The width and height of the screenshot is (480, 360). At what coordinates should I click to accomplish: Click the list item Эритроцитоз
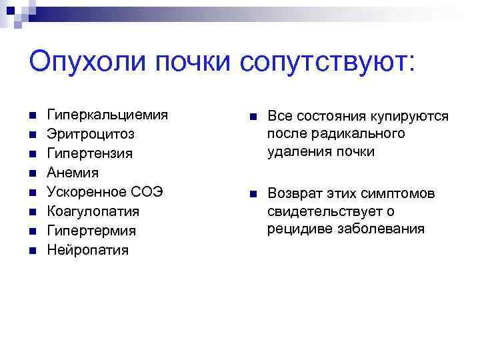90,134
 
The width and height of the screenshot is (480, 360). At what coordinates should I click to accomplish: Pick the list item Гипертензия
89,153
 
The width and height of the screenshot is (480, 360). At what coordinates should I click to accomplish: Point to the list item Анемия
73,173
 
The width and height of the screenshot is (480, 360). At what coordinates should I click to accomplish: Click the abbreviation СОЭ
147,192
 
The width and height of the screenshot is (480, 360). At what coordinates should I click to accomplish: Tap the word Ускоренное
86,192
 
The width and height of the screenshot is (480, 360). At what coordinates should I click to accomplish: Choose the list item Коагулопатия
93,211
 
